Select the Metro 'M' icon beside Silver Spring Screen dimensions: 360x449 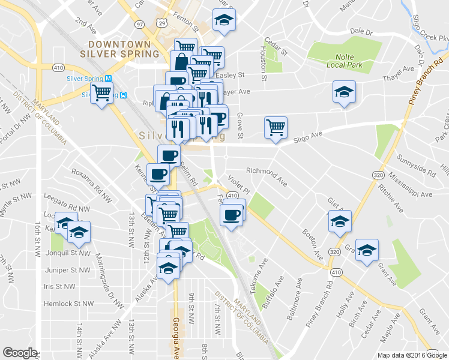click(x=109, y=79)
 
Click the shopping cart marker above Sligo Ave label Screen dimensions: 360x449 click(x=276, y=127)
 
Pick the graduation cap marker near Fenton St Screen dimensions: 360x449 click(x=224, y=20)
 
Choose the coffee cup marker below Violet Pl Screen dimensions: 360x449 click(x=232, y=214)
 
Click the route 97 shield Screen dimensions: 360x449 click(x=139, y=24)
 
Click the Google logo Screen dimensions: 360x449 click(x=20, y=353)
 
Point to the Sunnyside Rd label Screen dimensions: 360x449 click(x=415, y=164)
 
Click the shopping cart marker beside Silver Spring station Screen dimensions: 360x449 click(x=102, y=92)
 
